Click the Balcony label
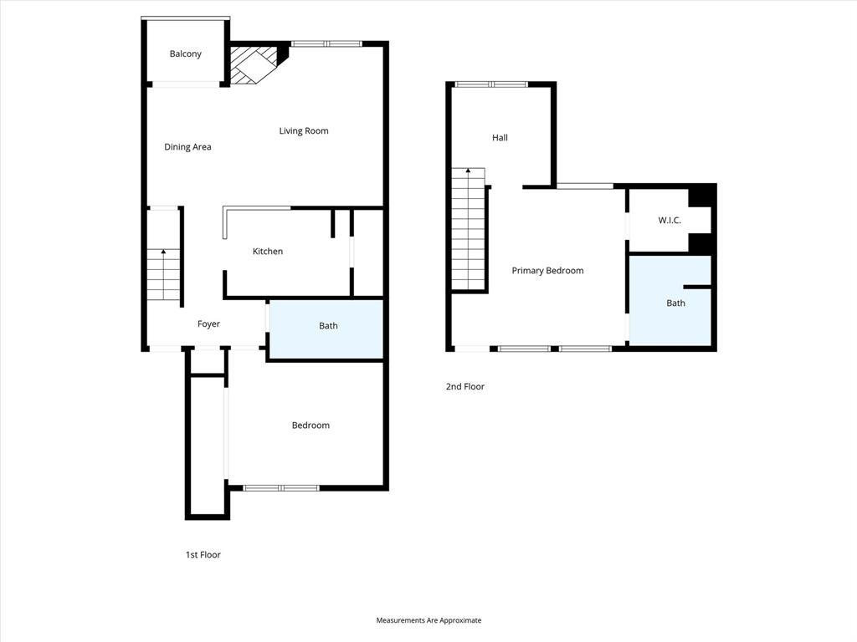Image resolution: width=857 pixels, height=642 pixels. [x=185, y=54]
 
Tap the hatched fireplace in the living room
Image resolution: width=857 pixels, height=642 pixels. [x=253, y=64]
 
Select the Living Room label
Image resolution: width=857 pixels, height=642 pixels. [x=303, y=130]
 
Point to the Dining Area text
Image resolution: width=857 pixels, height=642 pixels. [x=187, y=147]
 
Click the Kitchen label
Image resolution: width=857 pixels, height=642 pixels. [x=268, y=252]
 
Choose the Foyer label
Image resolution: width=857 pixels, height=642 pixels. [x=208, y=324]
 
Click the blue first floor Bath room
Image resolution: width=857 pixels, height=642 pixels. [x=326, y=329]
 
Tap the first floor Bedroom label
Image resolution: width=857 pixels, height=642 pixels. [x=310, y=425]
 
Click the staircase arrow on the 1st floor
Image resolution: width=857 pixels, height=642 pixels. [x=163, y=252]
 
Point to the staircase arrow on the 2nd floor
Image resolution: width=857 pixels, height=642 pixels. [x=469, y=171]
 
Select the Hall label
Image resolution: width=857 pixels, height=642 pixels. [x=500, y=138]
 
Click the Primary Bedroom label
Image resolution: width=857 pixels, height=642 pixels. [x=547, y=271]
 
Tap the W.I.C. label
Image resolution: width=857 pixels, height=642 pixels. [x=669, y=221]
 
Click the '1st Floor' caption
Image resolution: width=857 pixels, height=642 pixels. [x=203, y=555]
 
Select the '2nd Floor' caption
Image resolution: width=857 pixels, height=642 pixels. [x=464, y=387]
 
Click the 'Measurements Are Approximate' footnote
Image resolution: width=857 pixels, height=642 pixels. [x=428, y=620]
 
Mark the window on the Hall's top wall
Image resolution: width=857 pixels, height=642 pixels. [x=492, y=84]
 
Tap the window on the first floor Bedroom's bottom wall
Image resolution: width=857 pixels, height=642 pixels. [x=281, y=487]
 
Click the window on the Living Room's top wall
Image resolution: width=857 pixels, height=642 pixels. [x=326, y=43]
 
